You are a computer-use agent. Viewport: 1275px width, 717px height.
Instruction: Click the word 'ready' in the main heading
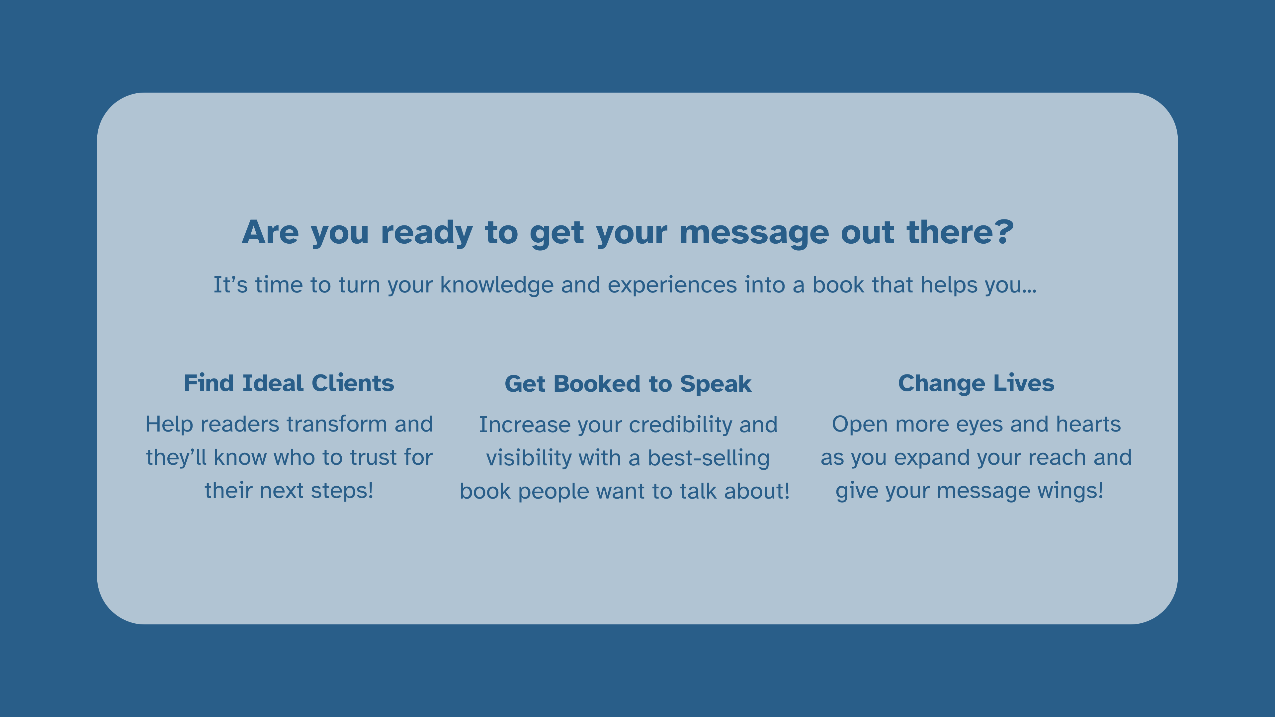tap(427, 233)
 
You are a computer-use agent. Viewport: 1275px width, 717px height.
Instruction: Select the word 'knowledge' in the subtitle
tap(496, 285)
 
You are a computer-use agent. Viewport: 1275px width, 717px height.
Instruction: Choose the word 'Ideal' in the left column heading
tap(272, 383)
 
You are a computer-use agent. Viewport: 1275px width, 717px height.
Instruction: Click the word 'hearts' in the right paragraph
tap(1088, 424)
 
